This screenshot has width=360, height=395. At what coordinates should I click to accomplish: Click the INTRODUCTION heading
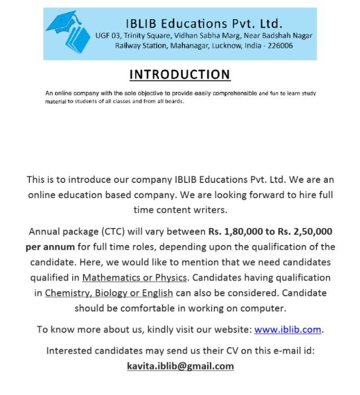(179, 74)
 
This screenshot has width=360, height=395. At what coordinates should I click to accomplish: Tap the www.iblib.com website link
(288, 330)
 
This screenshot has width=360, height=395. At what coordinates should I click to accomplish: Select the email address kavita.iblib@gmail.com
(180, 366)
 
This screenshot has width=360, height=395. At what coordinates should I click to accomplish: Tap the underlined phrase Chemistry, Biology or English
(109, 293)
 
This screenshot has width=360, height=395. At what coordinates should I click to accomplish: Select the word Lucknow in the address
(226, 46)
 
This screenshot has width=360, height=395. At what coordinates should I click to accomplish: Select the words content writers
(190, 209)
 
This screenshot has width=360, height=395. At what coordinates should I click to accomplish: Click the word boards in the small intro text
(173, 102)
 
